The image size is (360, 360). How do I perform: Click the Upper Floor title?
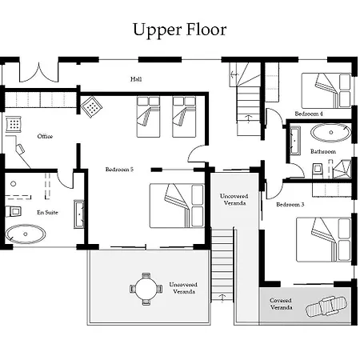pyautogui.click(x=180, y=30)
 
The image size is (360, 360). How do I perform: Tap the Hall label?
pyautogui.click(x=136, y=79)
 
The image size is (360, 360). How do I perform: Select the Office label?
pyautogui.click(x=45, y=136)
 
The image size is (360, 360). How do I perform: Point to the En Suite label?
pyautogui.click(x=47, y=212)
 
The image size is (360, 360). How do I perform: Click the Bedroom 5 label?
pyautogui.click(x=119, y=170)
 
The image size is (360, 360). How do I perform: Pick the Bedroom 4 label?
pyautogui.click(x=309, y=114)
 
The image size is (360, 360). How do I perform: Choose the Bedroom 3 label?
pyautogui.click(x=290, y=205)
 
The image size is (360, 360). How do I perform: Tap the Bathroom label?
pyautogui.click(x=323, y=151)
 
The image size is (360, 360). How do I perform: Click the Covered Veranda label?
pyautogui.click(x=281, y=304)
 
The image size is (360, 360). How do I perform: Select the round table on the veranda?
pyautogui.click(x=146, y=289)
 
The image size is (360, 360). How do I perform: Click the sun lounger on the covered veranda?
pyautogui.click(x=326, y=306)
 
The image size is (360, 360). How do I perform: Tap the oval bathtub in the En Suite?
pyautogui.click(x=26, y=234)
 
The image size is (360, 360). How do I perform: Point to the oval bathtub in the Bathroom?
pyautogui.click(x=331, y=132)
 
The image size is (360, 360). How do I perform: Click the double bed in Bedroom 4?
pyautogui.click(x=326, y=90)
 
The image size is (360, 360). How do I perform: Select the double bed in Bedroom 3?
pyautogui.click(x=323, y=239)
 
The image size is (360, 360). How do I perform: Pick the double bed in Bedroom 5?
pyautogui.click(x=177, y=206)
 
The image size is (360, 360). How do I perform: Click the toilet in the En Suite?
pyautogui.click(x=14, y=211)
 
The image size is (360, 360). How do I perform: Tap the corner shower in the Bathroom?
pyautogui.click(x=342, y=169)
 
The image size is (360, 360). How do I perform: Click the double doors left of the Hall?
pyautogui.click(x=39, y=73)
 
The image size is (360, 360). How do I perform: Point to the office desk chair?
pyautogui.click(x=20, y=149)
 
